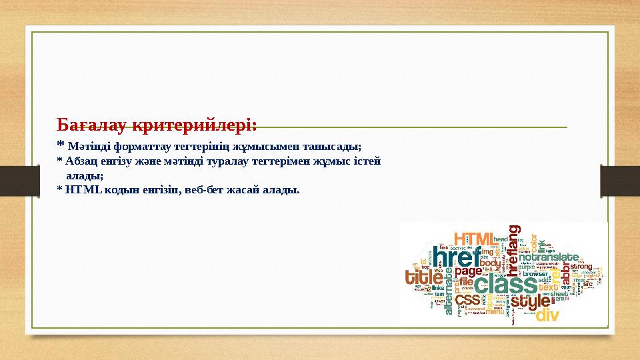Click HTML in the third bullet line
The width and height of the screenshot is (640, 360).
tap(83, 190)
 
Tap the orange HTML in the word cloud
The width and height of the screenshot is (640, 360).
tap(473, 239)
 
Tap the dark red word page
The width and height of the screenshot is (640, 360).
tap(469, 271)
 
